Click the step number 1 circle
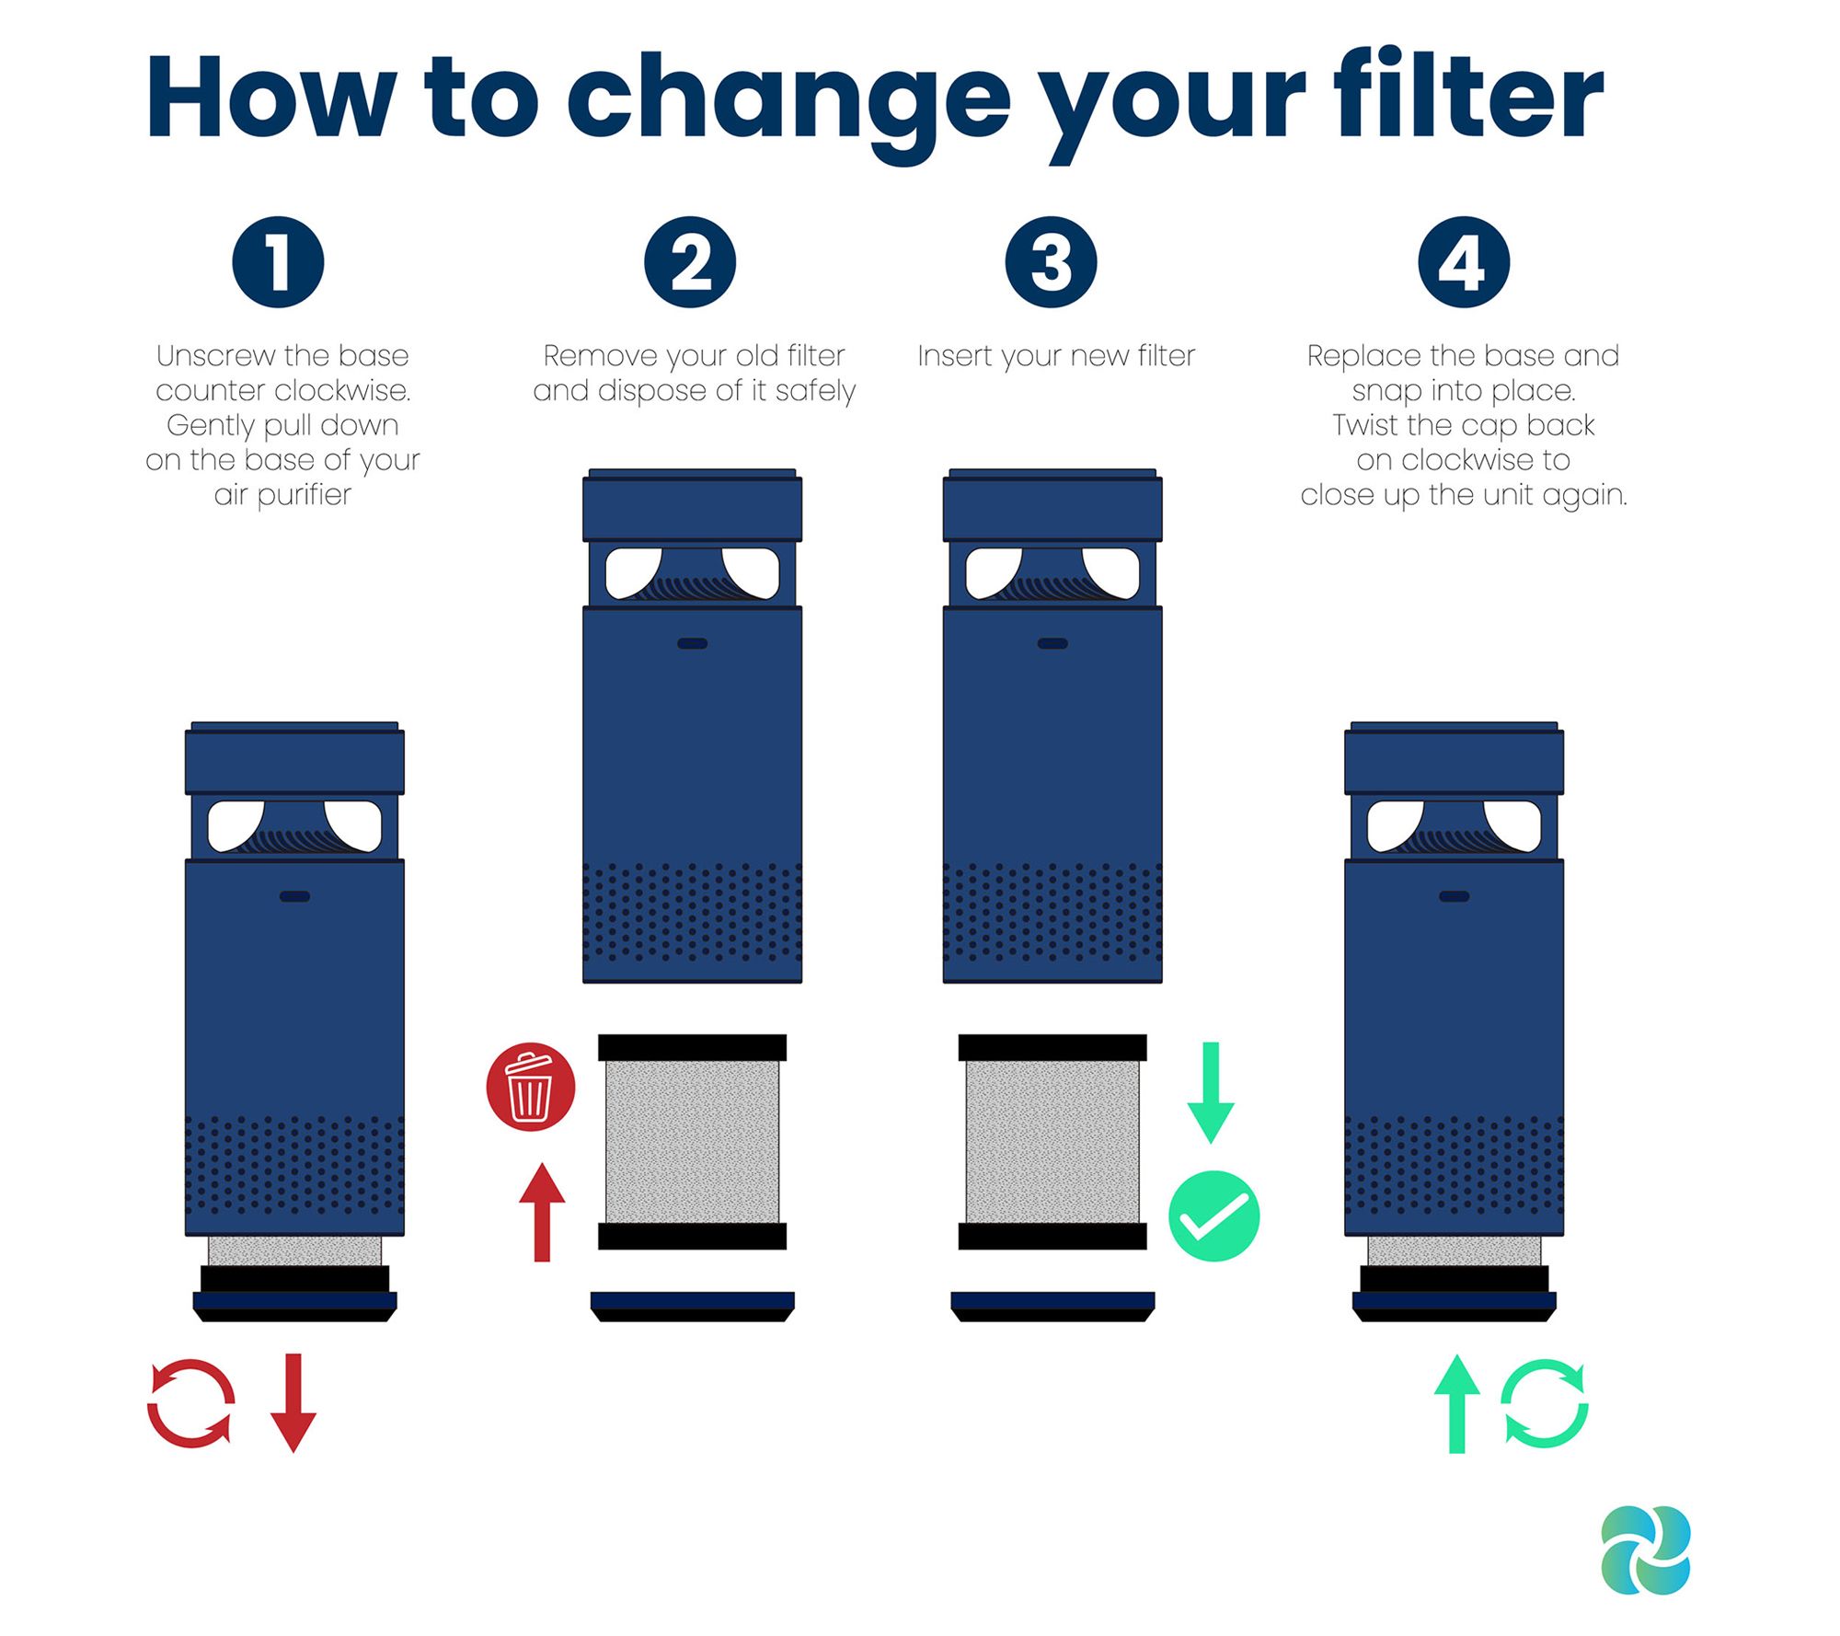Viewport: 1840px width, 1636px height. (x=278, y=262)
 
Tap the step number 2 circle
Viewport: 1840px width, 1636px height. (x=690, y=262)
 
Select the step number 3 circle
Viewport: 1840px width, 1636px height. (x=1052, y=262)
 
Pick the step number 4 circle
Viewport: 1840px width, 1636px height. (x=1464, y=262)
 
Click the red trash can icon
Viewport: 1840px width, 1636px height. (x=531, y=1087)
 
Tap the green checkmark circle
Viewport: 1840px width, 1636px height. (x=1213, y=1216)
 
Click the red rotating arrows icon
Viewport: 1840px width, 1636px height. (x=190, y=1403)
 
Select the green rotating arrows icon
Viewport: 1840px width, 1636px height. (x=1545, y=1403)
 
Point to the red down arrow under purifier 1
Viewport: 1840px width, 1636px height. (x=293, y=1402)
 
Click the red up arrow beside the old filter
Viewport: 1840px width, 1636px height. (x=542, y=1212)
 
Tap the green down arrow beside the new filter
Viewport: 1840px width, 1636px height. (x=1211, y=1093)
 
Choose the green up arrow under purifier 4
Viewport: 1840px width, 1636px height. (x=1457, y=1403)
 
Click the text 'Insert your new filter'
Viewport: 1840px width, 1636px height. (x=1056, y=356)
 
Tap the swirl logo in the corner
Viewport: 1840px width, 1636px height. (x=1646, y=1550)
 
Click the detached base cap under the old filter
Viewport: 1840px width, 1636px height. (x=692, y=1307)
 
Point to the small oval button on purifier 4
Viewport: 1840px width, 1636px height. (x=1455, y=896)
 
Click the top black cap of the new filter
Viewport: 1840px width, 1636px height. (x=1052, y=1047)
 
